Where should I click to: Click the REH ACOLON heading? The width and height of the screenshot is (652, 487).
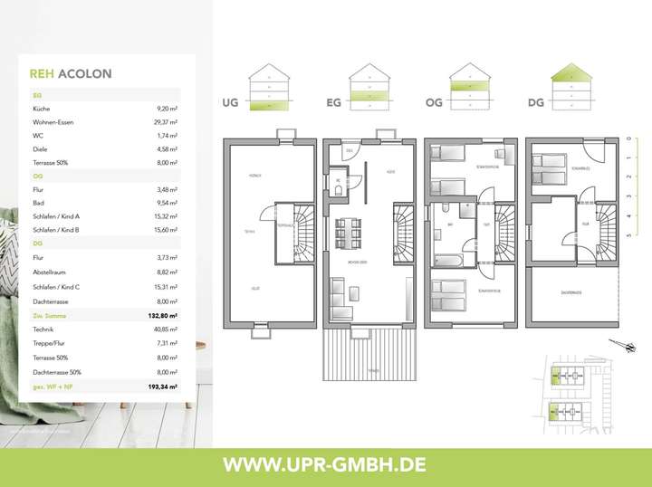[71, 74]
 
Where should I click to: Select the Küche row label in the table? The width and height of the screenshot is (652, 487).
[42, 108]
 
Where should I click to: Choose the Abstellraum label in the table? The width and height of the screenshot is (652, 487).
[51, 272]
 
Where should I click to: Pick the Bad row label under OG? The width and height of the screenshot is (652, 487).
[39, 204]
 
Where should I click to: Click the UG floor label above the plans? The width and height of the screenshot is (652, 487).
[229, 104]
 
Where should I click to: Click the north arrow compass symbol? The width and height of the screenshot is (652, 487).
[624, 345]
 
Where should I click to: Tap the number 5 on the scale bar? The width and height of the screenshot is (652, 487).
[628, 234]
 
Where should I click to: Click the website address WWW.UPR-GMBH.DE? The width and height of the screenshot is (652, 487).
[325, 464]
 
